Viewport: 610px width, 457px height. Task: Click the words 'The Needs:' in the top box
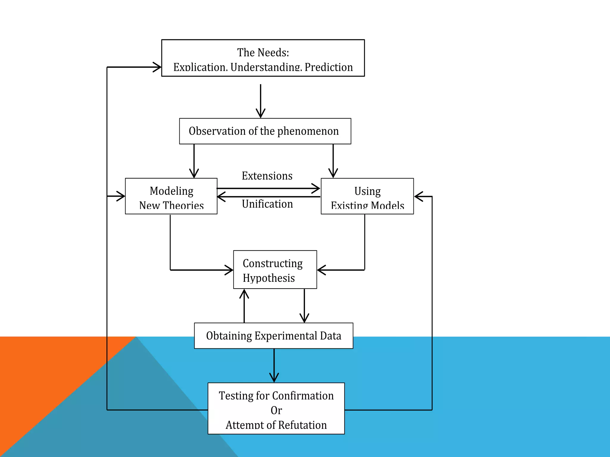(x=263, y=53)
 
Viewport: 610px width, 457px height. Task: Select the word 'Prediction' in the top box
(x=329, y=67)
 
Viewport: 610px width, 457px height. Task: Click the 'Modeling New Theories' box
(x=171, y=196)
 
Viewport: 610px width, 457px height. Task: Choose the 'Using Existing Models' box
(x=367, y=196)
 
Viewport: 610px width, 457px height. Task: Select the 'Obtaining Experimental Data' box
(x=273, y=336)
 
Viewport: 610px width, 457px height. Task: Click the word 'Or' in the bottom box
(x=276, y=410)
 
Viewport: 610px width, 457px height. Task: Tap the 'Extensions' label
(x=267, y=176)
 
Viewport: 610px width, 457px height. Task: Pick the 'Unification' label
(x=267, y=204)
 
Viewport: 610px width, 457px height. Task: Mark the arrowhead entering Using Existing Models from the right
(x=418, y=196)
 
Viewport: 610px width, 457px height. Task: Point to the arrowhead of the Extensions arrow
(x=317, y=188)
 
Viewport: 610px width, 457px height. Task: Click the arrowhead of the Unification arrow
(x=221, y=197)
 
